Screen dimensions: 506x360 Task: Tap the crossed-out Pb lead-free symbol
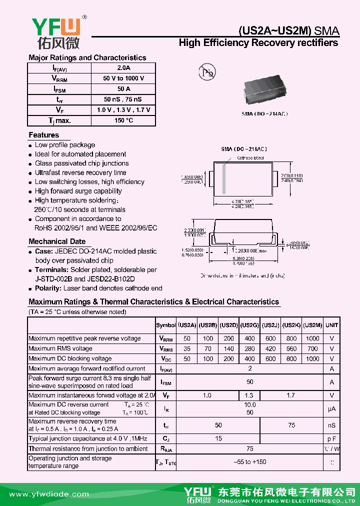[206, 73]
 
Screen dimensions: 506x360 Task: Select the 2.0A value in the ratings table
[123, 68]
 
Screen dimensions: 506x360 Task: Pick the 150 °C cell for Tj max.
[123, 120]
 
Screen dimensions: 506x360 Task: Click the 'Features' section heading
[43, 135]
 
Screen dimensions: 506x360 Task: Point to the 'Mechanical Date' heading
[57, 241]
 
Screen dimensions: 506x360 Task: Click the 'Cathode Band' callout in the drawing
[250, 158]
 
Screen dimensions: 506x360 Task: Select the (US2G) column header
[249, 325]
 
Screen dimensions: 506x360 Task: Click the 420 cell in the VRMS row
[270, 348]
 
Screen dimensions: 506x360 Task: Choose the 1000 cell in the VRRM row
[312, 338]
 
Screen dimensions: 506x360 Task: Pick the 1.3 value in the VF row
[249, 395]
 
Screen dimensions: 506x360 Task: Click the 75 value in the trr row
[291, 425]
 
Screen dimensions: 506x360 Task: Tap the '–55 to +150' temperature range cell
[249, 462]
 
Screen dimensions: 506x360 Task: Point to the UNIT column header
[331, 325]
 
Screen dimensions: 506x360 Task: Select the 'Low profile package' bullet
[64, 145]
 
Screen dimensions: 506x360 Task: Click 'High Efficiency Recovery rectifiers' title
[258, 43]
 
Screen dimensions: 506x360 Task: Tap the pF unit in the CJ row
[331, 438]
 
